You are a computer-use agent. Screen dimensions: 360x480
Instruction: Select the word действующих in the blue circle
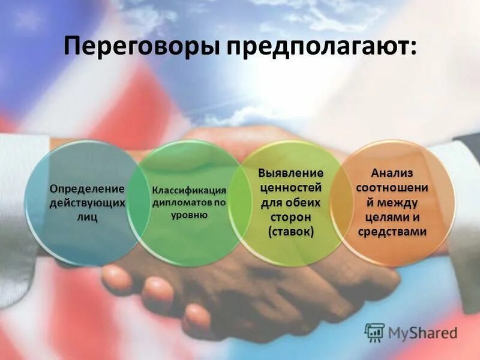(x=87, y=203)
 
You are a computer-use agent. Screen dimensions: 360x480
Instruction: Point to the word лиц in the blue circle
(x=87, y=217)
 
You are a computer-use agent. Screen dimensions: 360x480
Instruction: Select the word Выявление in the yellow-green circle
(x=291, y=173)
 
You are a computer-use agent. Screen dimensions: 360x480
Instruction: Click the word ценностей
(x=291, y=188)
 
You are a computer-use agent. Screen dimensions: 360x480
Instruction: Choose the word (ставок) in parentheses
(x=291, y=231)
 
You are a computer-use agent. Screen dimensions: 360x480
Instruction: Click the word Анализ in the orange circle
(x=392, y=173)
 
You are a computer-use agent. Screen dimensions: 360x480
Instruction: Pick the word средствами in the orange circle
(x=392, y=232)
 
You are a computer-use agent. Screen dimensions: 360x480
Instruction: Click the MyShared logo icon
(x=374, y=332)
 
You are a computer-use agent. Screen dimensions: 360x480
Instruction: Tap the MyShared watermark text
(x=422, y=332)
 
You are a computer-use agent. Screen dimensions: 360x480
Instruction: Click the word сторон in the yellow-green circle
(x=291, y=217)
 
